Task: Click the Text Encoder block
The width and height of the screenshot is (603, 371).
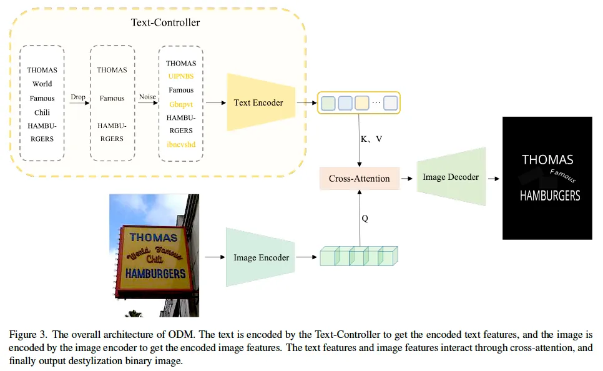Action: [x=258, y=102]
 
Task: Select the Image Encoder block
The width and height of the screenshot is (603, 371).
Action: [x=261, y=257]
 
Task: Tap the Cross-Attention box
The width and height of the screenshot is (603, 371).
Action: [x=359, y=179]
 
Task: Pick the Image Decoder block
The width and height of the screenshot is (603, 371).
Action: [x=451, y=177]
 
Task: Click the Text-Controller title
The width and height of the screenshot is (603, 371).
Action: [x=165, y=22]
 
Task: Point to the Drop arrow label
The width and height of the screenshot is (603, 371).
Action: [x=78, y=97]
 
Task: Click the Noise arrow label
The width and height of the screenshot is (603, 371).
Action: [x=147, y=97]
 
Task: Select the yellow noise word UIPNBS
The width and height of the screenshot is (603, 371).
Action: [x=180, y=76]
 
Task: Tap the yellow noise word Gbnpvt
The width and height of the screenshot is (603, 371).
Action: [x=180, y=104]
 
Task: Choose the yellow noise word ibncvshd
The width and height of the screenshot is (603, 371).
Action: [x=180, y=144]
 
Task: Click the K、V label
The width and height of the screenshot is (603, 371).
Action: [x=371, y=139]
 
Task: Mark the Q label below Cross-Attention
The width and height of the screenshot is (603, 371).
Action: [x=365, y=219]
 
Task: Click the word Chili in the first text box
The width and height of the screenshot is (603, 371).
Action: [x=42, y=112]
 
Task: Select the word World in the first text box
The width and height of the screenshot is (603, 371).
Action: [x=42, y=84]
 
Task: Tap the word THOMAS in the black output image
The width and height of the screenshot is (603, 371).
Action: [x=547, y=160]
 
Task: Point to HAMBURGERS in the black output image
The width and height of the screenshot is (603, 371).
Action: [x=550, y=195]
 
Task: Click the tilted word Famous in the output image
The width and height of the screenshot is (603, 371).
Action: [x=562, y=176]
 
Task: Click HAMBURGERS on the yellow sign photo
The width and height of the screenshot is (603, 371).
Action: [x=155, y=274]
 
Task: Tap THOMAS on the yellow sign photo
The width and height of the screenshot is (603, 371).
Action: [x=153, y=237]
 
